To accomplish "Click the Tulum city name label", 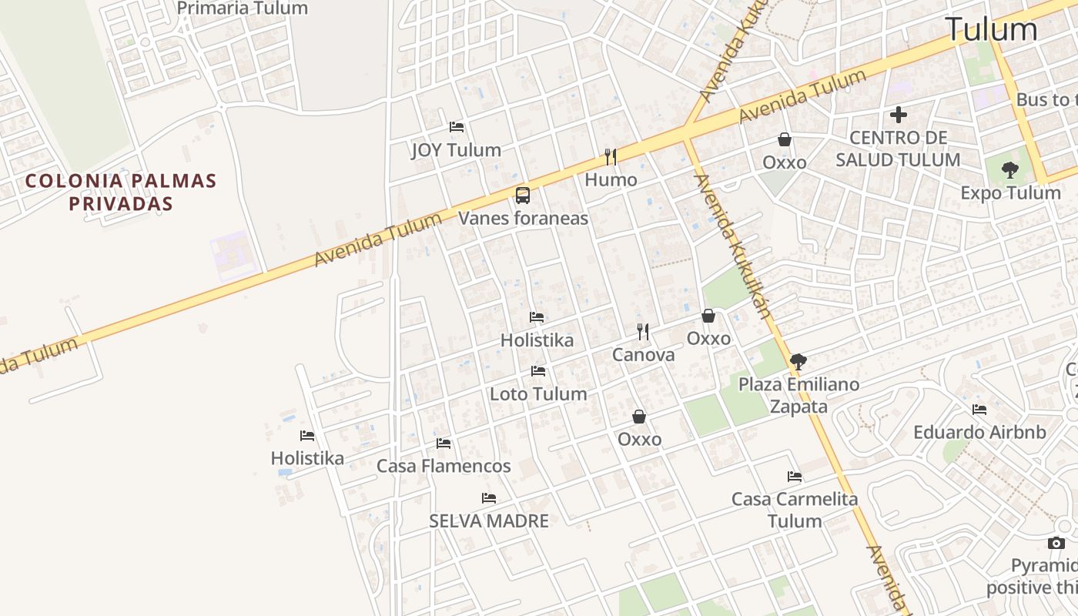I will tap(991, 29).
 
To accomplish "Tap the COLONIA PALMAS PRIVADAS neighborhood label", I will tap(120, 192).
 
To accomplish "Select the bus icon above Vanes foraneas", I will tap(523, 196).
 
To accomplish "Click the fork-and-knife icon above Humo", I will tap(611, 157).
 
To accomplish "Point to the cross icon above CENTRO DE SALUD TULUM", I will tap(898, 115).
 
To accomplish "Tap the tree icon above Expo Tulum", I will tap(1010, 170).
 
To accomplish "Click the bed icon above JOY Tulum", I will tap(457, 127).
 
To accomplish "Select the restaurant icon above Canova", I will tap(643, 332).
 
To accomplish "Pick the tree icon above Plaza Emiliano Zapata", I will tap(798, 361).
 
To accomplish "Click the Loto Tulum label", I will tap(538, 394).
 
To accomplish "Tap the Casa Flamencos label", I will tap(444, 466).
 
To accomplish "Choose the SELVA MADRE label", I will tap(489, 521).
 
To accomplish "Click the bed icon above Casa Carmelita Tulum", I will tap(795, 477).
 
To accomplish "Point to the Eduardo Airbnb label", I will tap(979, 433).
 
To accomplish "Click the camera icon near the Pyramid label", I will tap(1056, 544).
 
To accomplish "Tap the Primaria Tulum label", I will tap(242, 8).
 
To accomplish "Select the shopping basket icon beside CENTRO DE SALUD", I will tap(785, 139).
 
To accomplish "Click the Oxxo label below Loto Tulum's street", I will tap(639, 439).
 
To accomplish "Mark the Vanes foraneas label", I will tap(524, 219).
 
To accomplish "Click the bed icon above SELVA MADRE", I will tap(489, 498).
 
